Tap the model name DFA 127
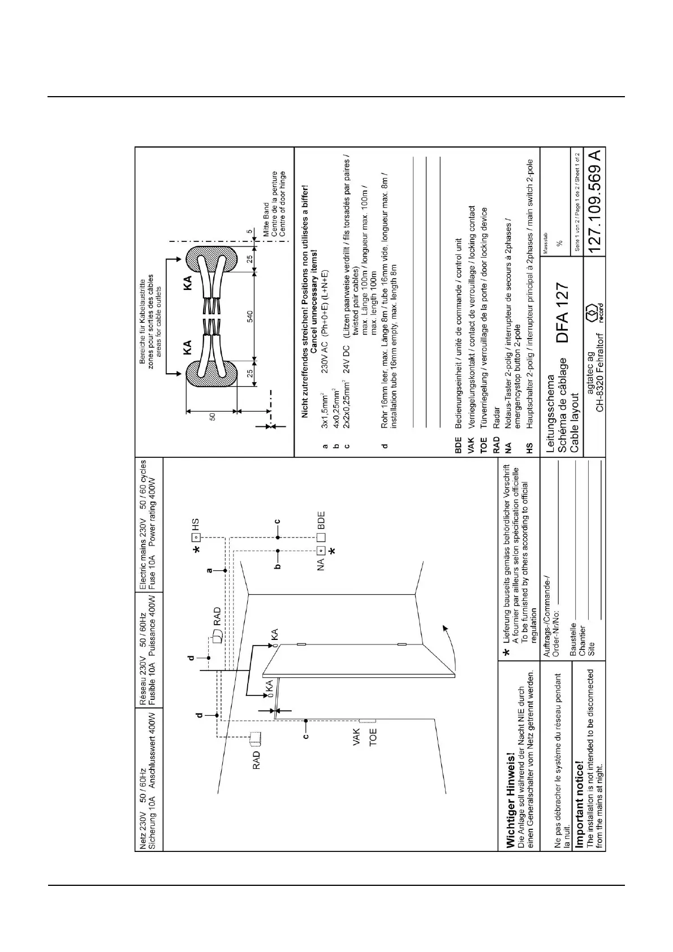(563, 313)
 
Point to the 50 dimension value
(213, 417)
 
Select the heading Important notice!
(579, 814)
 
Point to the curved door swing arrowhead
(446, 629)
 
